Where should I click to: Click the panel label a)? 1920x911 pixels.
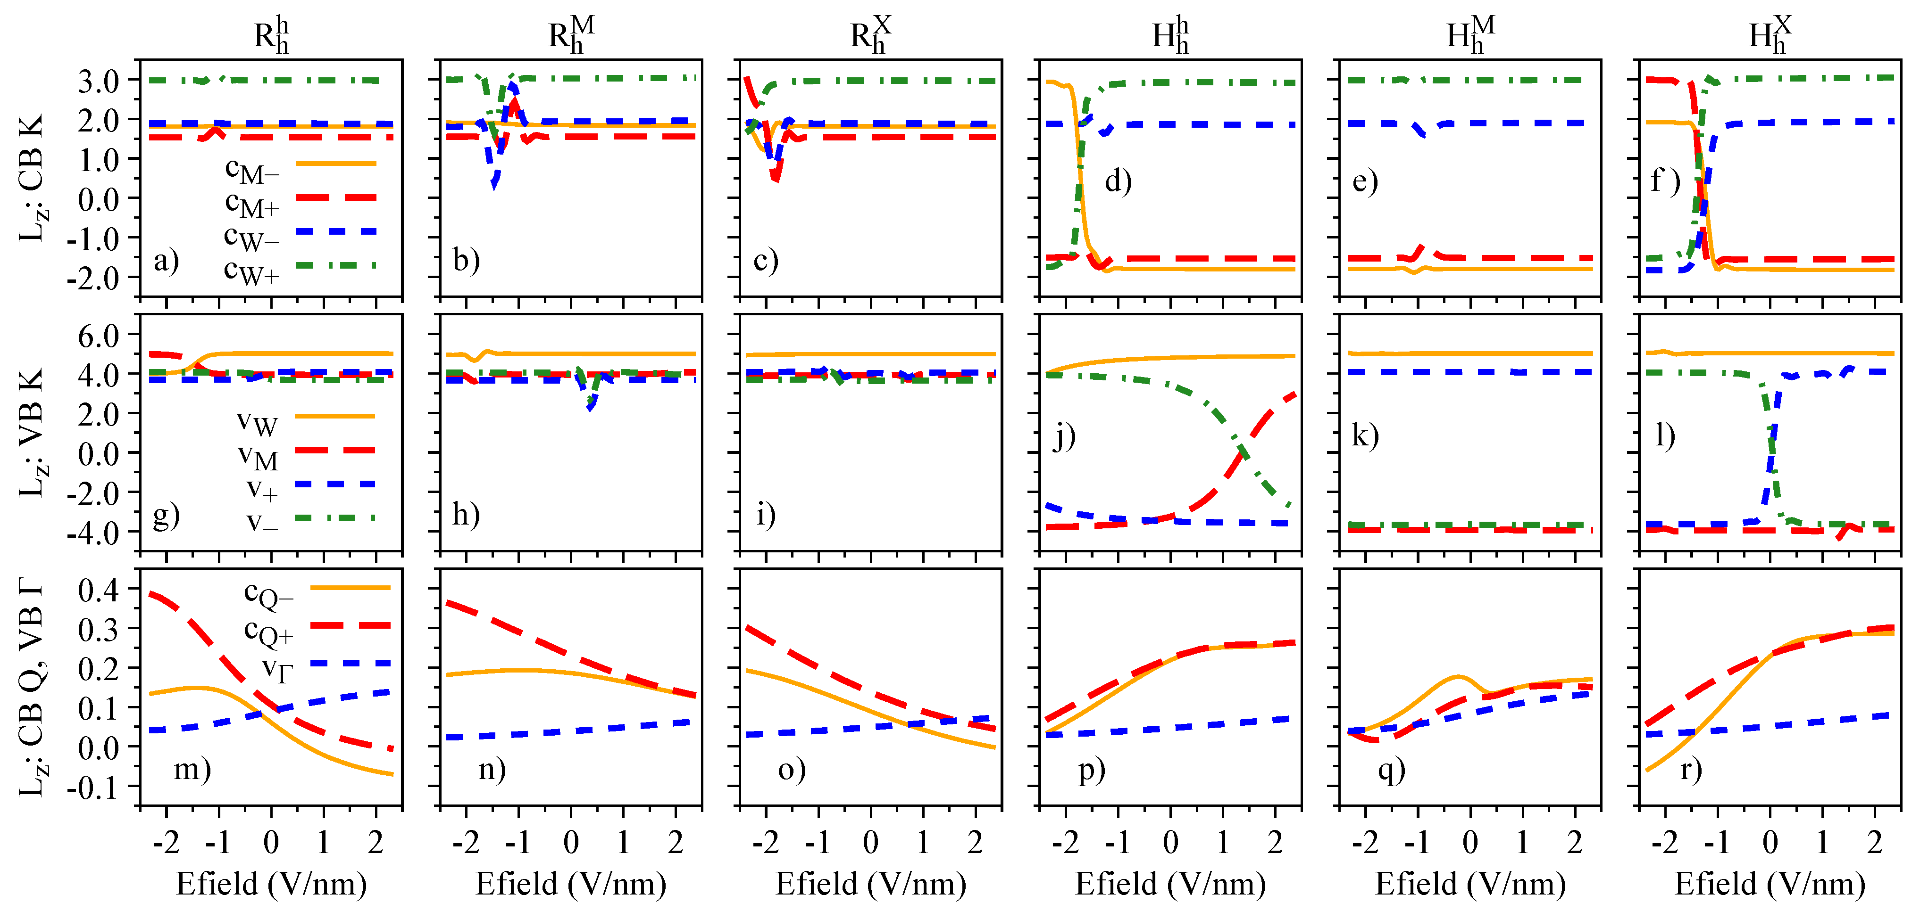(166, 261)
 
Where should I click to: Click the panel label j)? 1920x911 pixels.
(1064, 436)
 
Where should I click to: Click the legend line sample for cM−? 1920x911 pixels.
(335, 163)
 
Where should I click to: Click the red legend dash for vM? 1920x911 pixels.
(335, 450)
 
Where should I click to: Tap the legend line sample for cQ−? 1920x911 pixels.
(351, 588)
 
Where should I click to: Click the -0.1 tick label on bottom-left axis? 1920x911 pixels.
(92, 787)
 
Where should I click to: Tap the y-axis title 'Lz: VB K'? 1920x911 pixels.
(31, 432)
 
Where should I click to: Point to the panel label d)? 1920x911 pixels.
(1118, 181)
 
